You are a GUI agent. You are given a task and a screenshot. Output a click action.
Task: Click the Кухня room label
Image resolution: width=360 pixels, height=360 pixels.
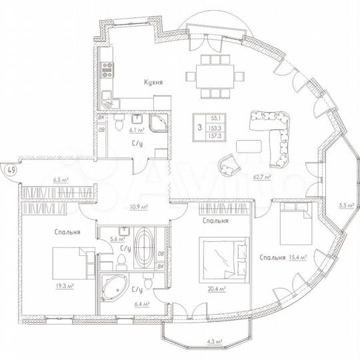153,83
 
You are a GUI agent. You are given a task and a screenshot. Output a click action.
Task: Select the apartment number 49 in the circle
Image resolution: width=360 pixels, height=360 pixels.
10,169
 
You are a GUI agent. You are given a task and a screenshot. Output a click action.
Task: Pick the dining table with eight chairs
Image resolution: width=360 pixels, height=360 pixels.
215,74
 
